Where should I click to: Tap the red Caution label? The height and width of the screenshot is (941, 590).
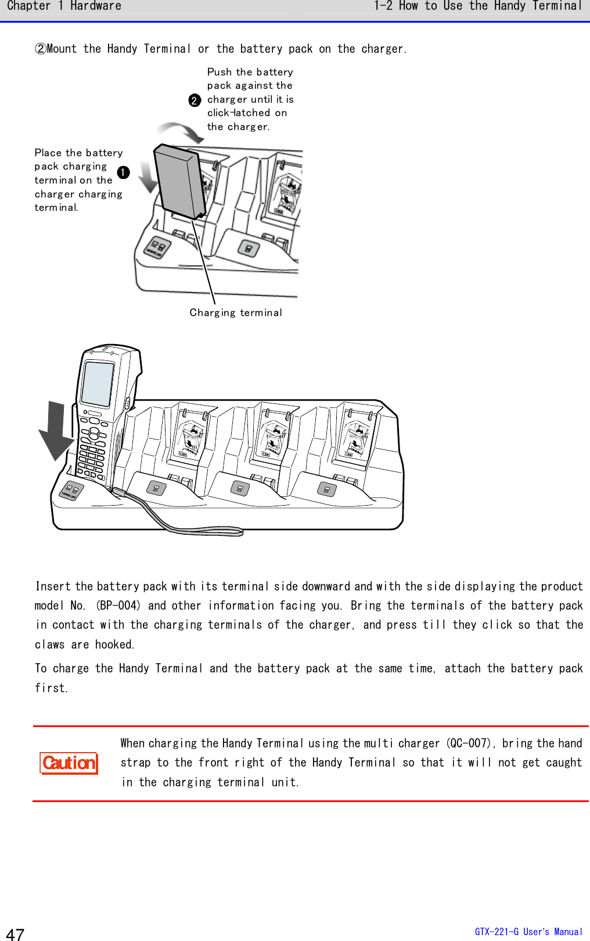pos(69,763)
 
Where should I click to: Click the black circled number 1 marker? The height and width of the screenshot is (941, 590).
pos(124,173)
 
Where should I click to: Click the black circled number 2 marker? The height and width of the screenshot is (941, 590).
pos(195,101)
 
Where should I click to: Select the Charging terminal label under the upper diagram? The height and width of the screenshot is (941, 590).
pos(236,313)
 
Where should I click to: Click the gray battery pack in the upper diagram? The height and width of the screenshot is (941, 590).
pos(178,181)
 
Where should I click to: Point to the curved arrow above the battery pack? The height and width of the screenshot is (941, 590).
pos(181,131)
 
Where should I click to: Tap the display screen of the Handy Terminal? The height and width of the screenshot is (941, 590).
pos(98,384)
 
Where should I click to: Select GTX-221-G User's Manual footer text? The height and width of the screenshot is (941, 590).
pos(528,932)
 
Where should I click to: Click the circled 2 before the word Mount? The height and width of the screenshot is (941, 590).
pos(41,49)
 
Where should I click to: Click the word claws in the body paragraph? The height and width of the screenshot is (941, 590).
pos(49,645)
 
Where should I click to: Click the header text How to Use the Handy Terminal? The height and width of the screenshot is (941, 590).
pos(490,6)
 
